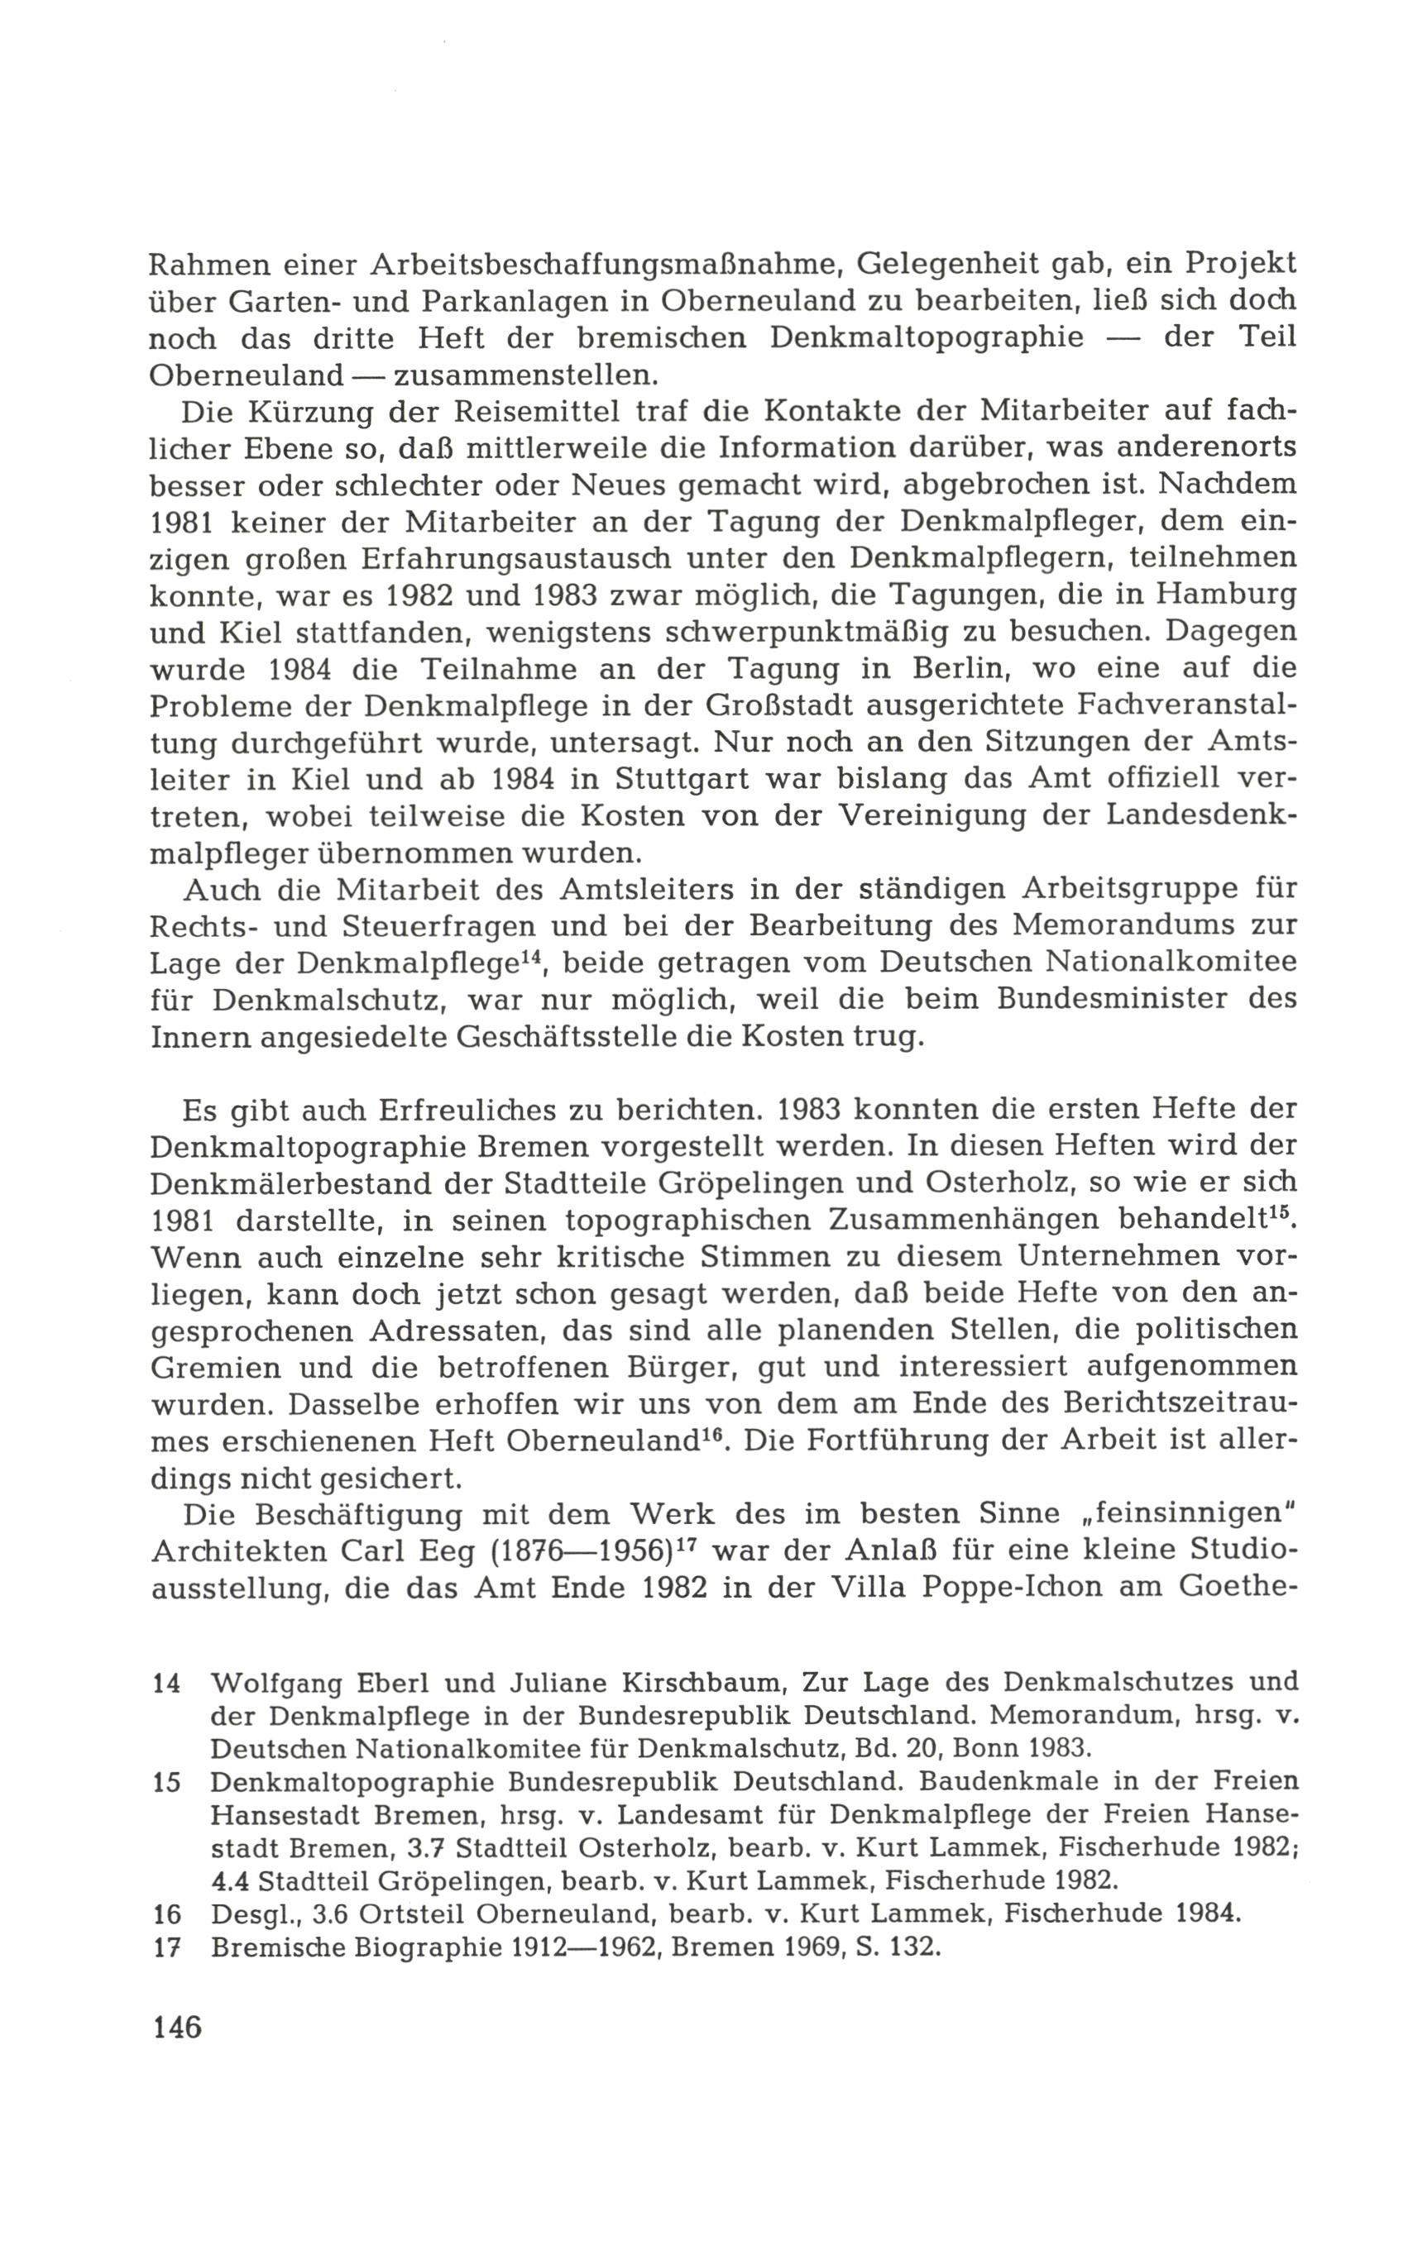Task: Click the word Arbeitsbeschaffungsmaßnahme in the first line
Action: (x=607, y=265)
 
